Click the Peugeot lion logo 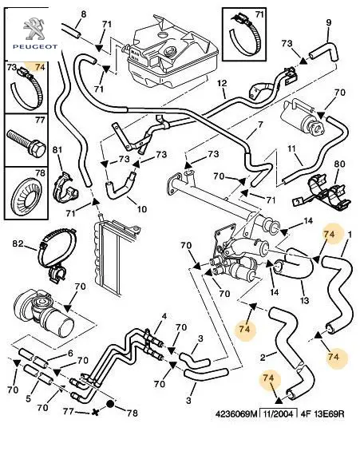[35, 29]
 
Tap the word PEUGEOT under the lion [35, 47]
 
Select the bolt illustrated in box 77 [26, 144]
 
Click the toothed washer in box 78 [26, 196]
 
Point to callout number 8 [83, 14]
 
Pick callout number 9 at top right [329, 23]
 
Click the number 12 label [222, 83]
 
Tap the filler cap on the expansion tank [169, 52]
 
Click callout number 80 [339, 164]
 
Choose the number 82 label [18, 243]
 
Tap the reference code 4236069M [236, 413]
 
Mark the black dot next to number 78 [110, 404]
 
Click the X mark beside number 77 [95, 412]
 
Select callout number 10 [141, 209]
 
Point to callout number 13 [305, 300]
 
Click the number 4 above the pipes [164, 316]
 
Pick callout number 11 [291, 149]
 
